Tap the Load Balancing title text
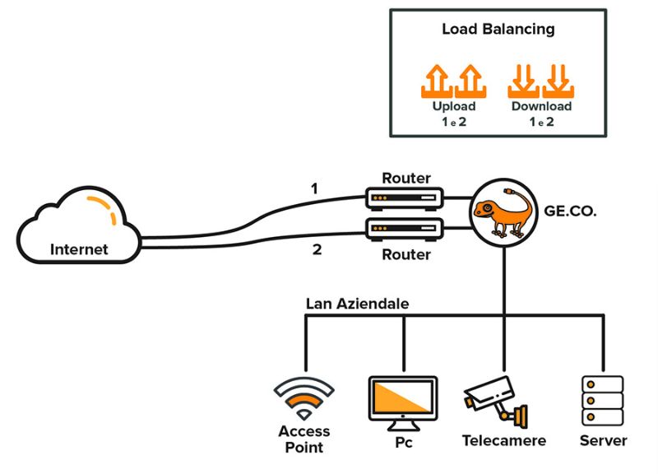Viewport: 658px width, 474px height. click(498, 29)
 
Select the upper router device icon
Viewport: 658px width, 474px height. click(405, 198)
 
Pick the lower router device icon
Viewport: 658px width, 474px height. click(405, 230)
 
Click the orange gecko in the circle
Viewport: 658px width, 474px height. click(503, 213)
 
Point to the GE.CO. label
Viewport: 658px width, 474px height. click(570, 211)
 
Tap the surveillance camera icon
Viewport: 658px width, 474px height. click(495, 402)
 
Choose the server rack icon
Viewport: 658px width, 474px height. click(603, 401)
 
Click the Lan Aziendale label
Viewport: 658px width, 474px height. click(357, 304)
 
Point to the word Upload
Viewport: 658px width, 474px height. click(454, 106)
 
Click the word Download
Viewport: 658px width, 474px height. click(541, 106)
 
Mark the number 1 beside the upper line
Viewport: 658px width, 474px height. click(314, 189)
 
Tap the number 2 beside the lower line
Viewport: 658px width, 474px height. click(317, 249)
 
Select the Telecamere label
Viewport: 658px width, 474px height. click(504, 441)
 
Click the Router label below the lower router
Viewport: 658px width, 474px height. click(406, 254)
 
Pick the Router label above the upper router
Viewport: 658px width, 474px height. click(406, 178)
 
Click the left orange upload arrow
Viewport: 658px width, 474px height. click(438, 81)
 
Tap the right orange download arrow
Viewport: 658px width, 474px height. click(558, 81)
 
